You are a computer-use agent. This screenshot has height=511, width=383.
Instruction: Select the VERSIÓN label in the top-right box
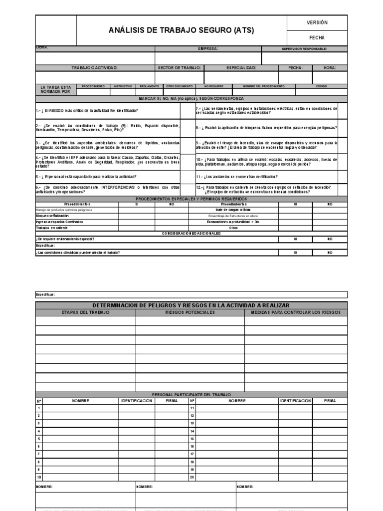click(x=317, y=22)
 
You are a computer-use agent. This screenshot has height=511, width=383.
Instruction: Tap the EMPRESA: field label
click(x=208, y=49)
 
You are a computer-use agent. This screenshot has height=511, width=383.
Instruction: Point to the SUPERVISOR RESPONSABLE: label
click(x=304, y=49)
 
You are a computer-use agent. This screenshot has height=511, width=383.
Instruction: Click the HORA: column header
click(x=330, y=67)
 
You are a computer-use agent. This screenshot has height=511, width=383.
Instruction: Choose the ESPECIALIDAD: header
click(x=241, y=67)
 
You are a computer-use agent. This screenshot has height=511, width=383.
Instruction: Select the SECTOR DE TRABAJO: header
click(x=179, y=67)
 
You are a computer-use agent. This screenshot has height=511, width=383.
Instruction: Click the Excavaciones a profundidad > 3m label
click(x=233, y=222)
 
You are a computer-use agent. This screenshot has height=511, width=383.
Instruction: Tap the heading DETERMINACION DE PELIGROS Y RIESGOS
click(x=191, y=305)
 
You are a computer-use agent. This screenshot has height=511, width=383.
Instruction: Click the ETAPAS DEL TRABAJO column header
click(x=85, y=312)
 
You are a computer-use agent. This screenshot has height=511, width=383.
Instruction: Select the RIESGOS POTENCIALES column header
click(x=190, y=312)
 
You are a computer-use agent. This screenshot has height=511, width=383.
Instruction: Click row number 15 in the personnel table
click(x=191, y=439)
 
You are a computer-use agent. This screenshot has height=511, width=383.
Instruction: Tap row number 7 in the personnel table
click(x=38, y=454)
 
